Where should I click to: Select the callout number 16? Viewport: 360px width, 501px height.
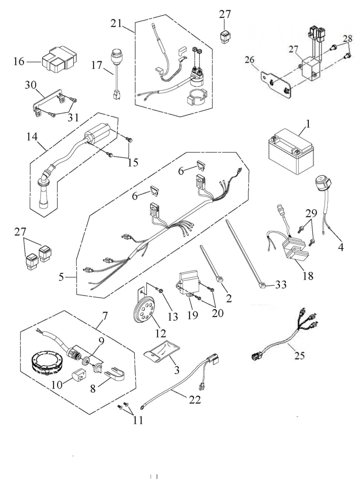tap(19, 61)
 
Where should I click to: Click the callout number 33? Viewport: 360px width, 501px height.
tap(280, 285)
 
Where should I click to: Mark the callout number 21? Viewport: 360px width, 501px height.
tap(117, 23)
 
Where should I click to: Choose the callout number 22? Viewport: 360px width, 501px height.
tap(195, 400)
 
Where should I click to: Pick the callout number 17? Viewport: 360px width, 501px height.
tap(97, 66)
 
